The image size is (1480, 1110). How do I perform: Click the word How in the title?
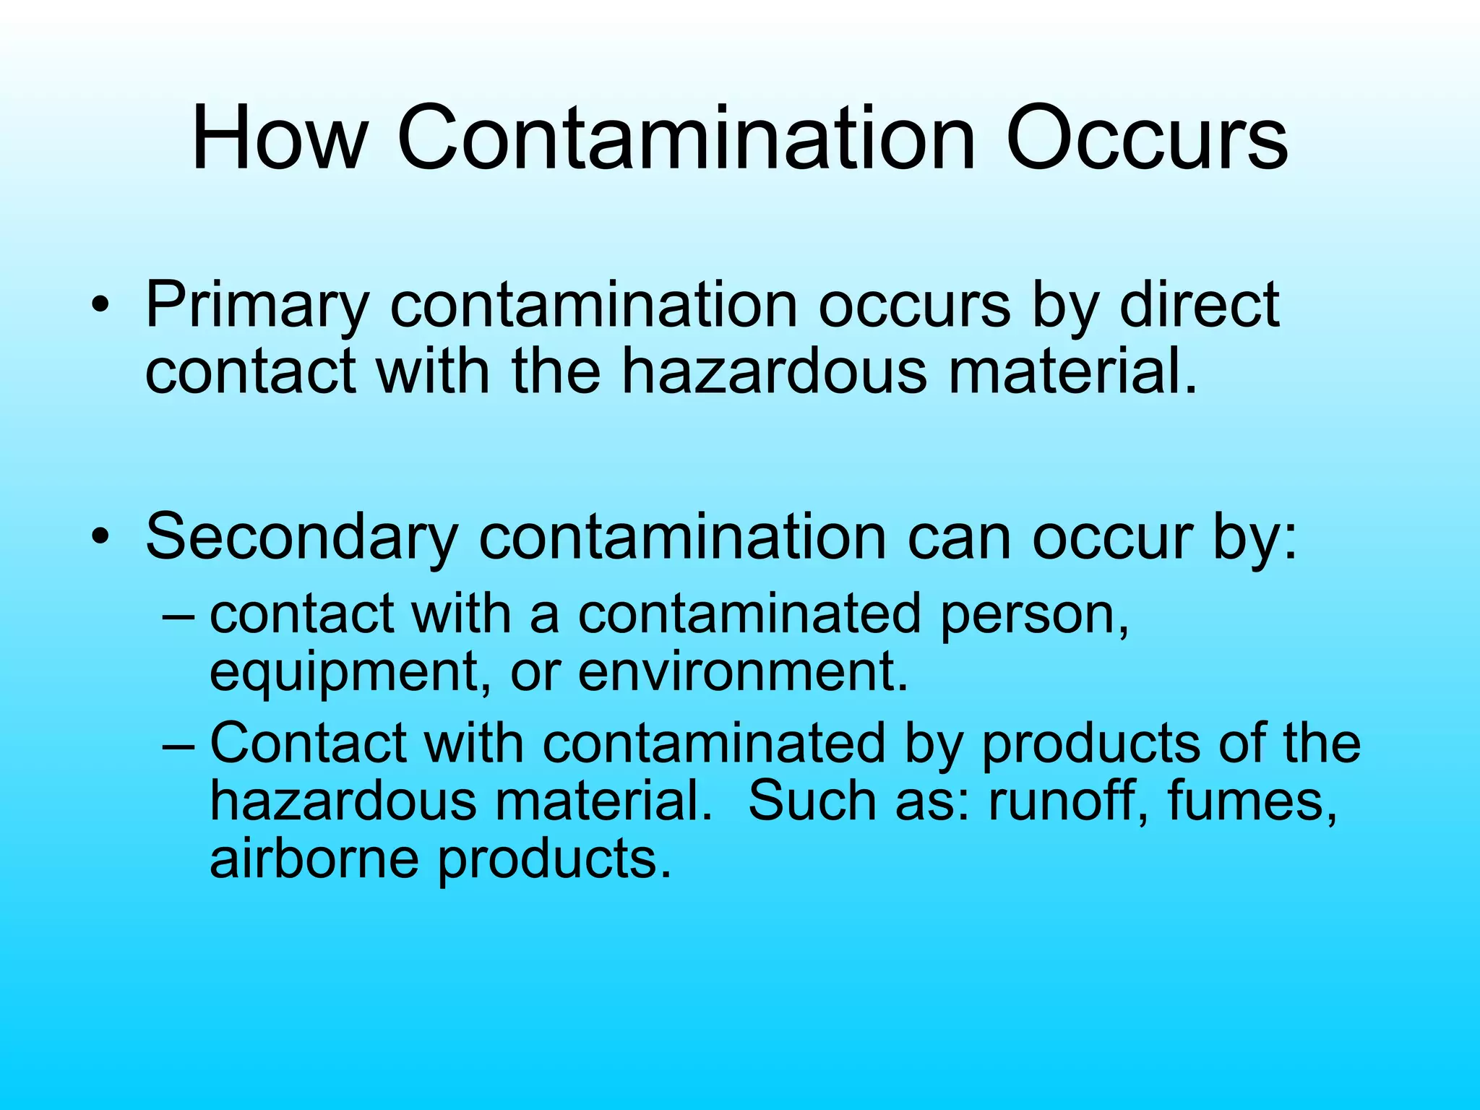278,137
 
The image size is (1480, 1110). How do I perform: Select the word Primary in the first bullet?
257,306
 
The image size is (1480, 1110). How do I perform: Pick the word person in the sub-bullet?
1033,616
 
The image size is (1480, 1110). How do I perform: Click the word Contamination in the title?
686,137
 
